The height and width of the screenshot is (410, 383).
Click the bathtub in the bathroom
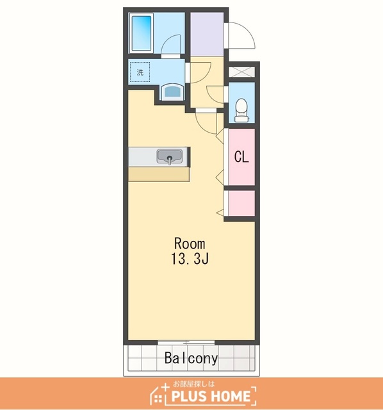[142, 33]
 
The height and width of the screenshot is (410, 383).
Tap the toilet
[241, 110]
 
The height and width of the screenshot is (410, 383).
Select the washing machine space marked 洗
[140, 72]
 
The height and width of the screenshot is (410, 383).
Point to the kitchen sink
[170, 157]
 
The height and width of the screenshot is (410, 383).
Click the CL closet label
[241, 157]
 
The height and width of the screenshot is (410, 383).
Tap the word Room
[190, 243]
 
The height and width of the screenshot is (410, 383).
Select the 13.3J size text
[190, 259]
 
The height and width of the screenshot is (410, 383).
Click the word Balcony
[191, 358]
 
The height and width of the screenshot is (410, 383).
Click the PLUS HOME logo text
[211, 396]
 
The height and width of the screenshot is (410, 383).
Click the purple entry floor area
[207, 34]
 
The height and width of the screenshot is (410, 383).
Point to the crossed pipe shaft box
[241, 72]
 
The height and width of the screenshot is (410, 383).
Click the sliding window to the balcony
[186, 342]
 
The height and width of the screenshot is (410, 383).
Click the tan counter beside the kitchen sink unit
[159, 174]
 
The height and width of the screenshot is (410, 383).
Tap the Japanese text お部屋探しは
[193, 384]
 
